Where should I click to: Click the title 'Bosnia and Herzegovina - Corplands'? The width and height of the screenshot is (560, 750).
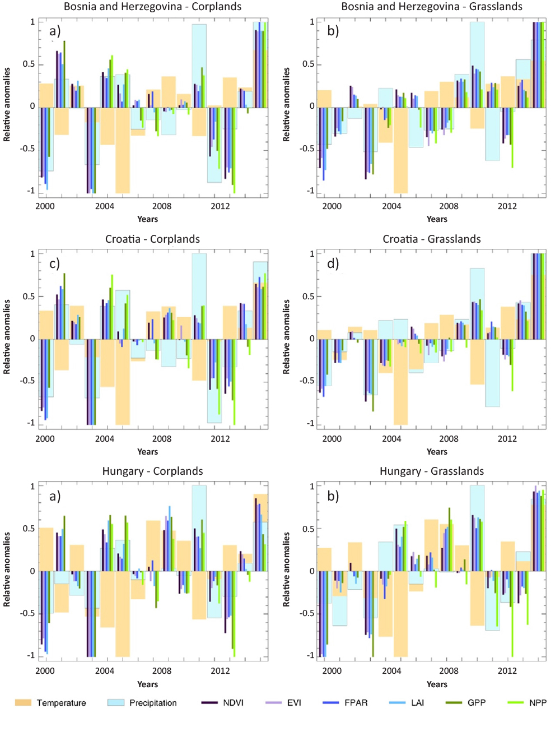[152, 7]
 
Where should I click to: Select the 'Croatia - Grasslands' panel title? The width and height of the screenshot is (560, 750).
[431, 239]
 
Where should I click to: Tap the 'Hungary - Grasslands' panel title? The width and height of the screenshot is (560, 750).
[431, 471]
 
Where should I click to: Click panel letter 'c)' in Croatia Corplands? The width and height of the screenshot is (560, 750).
[54, 263]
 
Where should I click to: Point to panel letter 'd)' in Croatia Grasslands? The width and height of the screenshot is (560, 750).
[333, 263]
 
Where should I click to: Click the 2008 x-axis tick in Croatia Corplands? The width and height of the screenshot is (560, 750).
[162, 439]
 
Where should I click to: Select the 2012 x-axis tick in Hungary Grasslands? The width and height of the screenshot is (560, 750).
[507, 671]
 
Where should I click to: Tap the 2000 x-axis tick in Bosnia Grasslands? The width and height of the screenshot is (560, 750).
[332, 206]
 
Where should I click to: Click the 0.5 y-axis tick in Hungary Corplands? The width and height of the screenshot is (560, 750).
[29, 529]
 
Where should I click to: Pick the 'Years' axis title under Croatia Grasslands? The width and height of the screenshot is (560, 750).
[437, 452]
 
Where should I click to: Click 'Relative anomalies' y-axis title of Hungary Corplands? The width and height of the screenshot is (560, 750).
[7, 570]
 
